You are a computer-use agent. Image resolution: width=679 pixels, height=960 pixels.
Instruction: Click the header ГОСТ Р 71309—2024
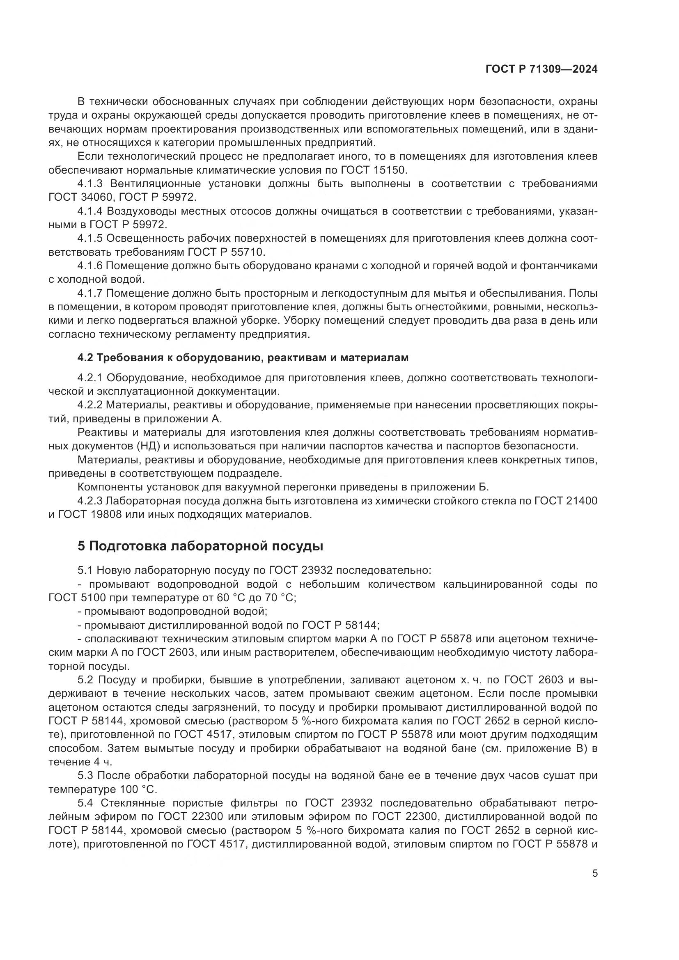click(541, 69)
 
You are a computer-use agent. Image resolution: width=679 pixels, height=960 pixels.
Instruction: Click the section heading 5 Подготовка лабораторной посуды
click(200, 546)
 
